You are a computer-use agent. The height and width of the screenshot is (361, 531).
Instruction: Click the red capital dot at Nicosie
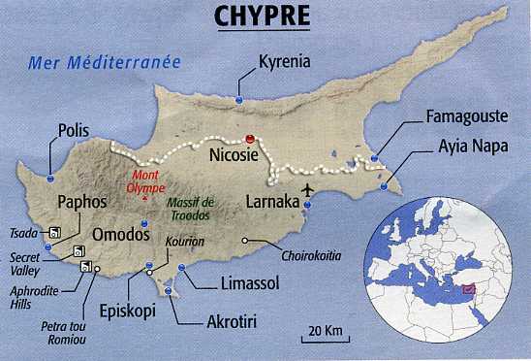click(x=252, y=138)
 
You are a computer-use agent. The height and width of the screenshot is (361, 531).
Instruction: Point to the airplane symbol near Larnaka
click(x=308, y=188)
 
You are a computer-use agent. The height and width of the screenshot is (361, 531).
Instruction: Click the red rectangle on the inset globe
click(x=467, y=287)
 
